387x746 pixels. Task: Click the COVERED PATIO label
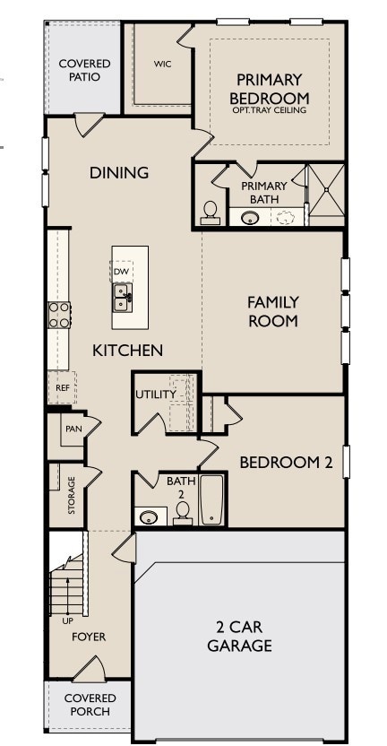(x=84, y=70)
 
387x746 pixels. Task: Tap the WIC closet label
(x=162, y=64)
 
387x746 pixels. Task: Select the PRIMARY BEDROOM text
(x=269, y=89)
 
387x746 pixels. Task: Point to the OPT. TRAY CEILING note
(x=269, y=110)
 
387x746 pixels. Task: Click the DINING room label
(x=118, y=172)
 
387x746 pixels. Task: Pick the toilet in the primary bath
(x=211, y=211)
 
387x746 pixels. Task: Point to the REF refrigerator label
(x=63, y=388)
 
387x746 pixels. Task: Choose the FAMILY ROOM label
(x=272, y=311)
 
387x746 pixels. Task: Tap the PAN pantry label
(x=73, y=429)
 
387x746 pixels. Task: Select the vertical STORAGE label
(x=72, y=496)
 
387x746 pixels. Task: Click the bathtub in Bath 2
(x=211, y=499)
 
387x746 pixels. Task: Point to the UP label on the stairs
(x=67, y=620)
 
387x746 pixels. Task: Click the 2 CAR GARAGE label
(x=239, y=637)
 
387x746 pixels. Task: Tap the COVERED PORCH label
(x=88, y=705)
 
